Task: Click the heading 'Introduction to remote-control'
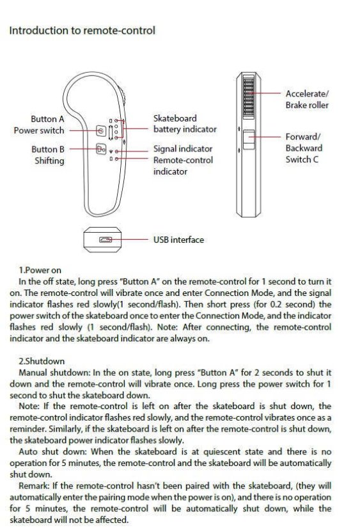click(x=82, y=31)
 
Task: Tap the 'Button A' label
click(x=47, y=119)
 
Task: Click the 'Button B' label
click(x=48, y=149)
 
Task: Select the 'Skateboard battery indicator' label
click(x=185, y=123)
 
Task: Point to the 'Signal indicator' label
click(x=183, y=149)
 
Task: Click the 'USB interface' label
click(x=178, y=240)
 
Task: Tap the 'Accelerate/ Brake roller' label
click(x=307, y=99)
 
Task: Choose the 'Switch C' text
click(x=302, y=159)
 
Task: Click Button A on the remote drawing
click(x=101, y=130)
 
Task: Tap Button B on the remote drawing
click(x=101, y=149)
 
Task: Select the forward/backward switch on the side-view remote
click(x=249, y=139)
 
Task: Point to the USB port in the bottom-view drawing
click(x=105, y=240)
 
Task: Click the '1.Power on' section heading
click(x=40, y=270)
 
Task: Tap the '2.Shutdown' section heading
click(x=42, y=361)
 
